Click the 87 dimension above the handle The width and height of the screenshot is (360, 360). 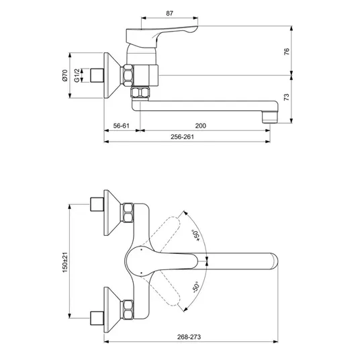[x=169, y=13]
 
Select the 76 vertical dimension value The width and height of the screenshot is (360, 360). [x=287, y=52]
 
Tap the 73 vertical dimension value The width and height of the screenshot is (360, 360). [x=287, y=97]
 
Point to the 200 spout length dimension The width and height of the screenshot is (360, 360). [x=201, y=126]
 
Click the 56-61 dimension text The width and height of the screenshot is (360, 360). [x=122, y=126]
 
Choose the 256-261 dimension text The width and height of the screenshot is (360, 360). [x=182, y=137]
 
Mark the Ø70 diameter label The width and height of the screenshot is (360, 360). [x=64, y=75]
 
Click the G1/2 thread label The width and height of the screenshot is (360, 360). [x=77, y=75]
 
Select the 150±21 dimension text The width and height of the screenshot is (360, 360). [x=65, y=262]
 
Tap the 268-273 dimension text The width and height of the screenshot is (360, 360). [x=189, y=337]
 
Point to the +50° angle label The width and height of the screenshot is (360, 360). [x=196, y=235]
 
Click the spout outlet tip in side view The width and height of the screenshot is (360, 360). [x=270, y=118]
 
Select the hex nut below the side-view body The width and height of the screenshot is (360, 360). [x=140, y=93]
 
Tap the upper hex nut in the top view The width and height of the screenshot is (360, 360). [x=127, y=213]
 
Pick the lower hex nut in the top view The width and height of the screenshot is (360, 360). [x=127, y=310]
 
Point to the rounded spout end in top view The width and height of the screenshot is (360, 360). [x=274, y=261]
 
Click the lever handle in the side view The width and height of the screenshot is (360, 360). [x=161, y=37]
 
